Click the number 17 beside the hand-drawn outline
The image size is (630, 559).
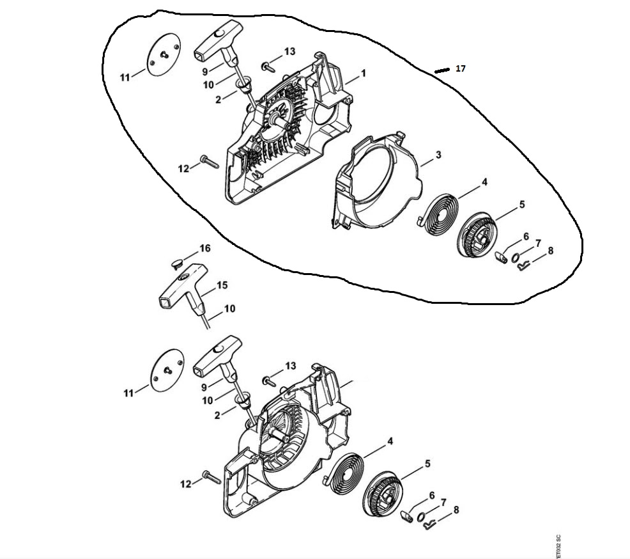pos(461,69)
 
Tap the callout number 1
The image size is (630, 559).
pos(363,74)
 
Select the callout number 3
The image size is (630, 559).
pos(438,154)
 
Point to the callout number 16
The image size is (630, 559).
pos(205,249)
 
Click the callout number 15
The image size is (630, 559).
pos(222,285)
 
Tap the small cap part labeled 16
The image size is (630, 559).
pos(177,264)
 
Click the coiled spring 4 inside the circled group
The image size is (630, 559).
pos(438,215)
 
